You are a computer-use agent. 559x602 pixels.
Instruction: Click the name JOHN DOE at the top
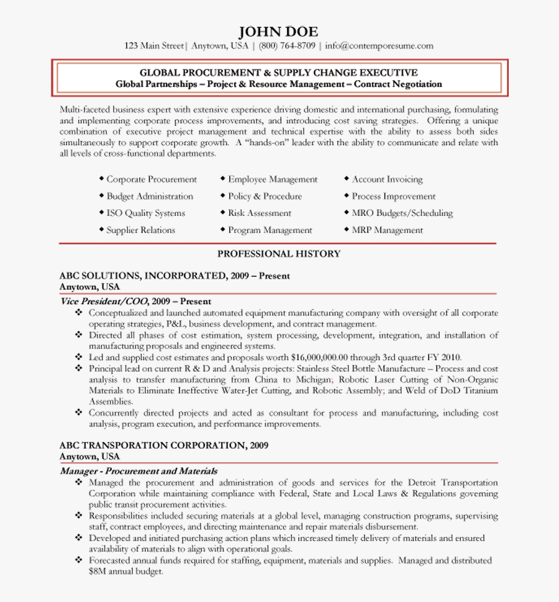click(x=278, y=32)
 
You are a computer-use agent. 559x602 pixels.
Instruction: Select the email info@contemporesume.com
click(x=378, y=46)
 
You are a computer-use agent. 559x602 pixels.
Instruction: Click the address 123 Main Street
click(x=154, y=46)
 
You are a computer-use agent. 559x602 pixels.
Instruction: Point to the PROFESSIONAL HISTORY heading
click(x=279, y=253)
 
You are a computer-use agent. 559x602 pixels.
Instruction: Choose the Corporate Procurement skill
click(x=152, y=179)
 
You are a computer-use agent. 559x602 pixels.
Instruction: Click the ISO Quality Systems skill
click(x=145, y=213)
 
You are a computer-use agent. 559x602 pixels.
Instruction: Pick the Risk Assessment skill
click(x=259, y=213)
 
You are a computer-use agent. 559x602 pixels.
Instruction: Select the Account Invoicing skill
click(x=387, y=179)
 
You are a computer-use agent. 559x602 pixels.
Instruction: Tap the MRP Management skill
click(x=387, y=230)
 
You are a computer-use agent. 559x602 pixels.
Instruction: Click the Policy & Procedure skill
click(x=265, y=196)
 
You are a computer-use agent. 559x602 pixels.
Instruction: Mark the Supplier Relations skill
click(x=140, y=230)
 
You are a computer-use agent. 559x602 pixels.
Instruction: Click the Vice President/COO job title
click(x=104, y=301)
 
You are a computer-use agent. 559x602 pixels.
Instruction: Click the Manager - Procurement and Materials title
click(x=139, y=471)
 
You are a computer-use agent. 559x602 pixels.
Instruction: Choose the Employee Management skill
click(x=273, y=179)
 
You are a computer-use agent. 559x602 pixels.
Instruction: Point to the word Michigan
click(x=311, y=379)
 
